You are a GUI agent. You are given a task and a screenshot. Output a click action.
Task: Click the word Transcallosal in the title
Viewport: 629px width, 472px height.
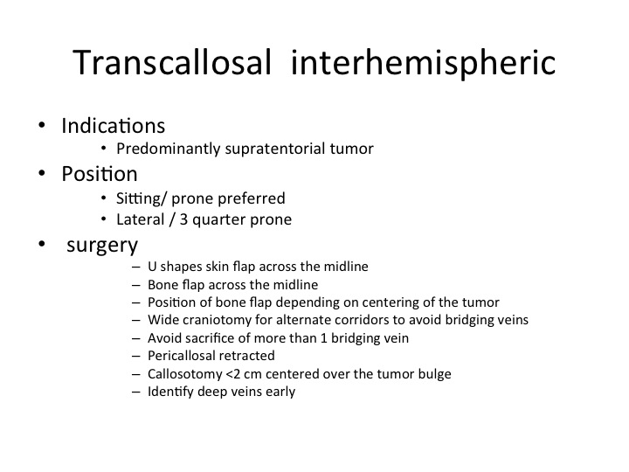click(172, 62)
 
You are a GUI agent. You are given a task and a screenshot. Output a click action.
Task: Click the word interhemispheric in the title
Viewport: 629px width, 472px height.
click(423, 64)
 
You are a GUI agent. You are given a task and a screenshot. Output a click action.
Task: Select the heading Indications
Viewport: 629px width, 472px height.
click(113, 126)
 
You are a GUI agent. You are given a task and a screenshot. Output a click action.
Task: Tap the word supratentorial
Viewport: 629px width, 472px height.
click(275, 149)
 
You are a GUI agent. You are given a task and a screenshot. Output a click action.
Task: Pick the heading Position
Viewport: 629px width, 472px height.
click(100, 174)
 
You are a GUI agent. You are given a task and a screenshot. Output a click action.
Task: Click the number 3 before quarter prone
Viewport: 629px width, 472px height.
click(183, 219)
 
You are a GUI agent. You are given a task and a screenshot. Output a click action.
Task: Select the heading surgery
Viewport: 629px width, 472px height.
click(102, 246)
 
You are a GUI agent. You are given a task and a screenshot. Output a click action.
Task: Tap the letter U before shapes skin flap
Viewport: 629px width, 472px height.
click(152, 267)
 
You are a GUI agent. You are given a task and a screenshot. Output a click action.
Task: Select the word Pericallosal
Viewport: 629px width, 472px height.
click(180, 356)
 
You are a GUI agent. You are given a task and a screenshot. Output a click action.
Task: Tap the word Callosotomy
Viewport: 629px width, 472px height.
click(185, 374)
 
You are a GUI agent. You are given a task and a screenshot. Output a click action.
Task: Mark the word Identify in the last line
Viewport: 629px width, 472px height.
click(170, 392)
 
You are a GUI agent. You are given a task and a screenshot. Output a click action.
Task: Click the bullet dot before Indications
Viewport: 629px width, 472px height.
click(42, 125)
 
